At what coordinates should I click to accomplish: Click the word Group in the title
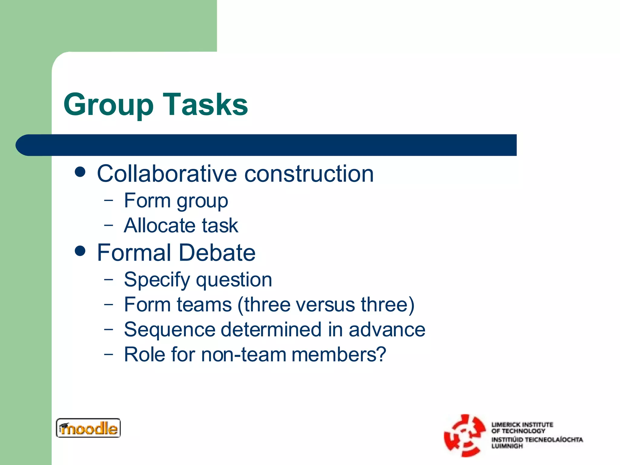[108, 105]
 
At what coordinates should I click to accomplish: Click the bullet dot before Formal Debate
[80, 251]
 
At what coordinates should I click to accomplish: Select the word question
[234, 280]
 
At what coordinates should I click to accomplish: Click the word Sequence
[169, 330]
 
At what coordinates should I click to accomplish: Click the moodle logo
[88, 428]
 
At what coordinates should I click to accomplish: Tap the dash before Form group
[108, 200]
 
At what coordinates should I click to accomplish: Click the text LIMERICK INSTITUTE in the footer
[522, 424]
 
